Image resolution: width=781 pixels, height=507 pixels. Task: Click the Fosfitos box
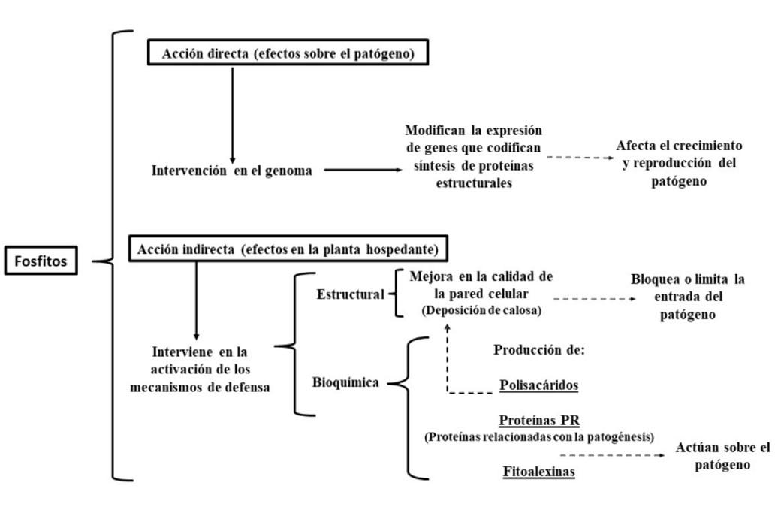click(x=41, y=261)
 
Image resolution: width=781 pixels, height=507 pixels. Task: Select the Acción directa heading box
click(x=288, y=53)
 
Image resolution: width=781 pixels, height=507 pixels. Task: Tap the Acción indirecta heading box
click(x=288, y=249)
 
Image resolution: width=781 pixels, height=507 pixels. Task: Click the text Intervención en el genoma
click(x=231, y=171)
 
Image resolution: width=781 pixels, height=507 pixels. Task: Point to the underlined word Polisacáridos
click(x=539, y=385)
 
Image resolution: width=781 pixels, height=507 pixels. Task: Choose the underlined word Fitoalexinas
click(x=539, y=471)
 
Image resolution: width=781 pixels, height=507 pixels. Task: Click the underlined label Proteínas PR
click(x=539, y=421)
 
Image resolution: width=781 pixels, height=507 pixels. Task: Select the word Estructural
click(x=351, y=294)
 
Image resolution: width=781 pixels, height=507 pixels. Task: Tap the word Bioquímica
click(x=345, y=382)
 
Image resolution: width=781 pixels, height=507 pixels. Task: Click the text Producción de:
click(x=539, y=349)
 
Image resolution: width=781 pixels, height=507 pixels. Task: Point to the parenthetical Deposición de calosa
click(x=481, y=310)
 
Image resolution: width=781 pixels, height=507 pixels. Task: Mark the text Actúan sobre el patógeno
click(x=722, y=456)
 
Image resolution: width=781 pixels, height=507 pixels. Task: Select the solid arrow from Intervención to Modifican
click(x=363, y=170)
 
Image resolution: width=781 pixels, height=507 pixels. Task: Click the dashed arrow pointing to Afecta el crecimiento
click(x=580, y=158)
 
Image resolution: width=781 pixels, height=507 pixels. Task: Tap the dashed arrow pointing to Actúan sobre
click(x=612, y=454)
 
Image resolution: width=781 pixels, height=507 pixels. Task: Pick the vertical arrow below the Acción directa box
click(x=232, y=116)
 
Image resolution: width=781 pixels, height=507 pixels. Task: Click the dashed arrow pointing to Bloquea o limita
click(x=595, y=299)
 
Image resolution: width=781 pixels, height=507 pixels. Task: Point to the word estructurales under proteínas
click(x=474, y=183)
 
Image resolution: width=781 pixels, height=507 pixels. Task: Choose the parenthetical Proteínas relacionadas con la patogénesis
click(x=539, y=437)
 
